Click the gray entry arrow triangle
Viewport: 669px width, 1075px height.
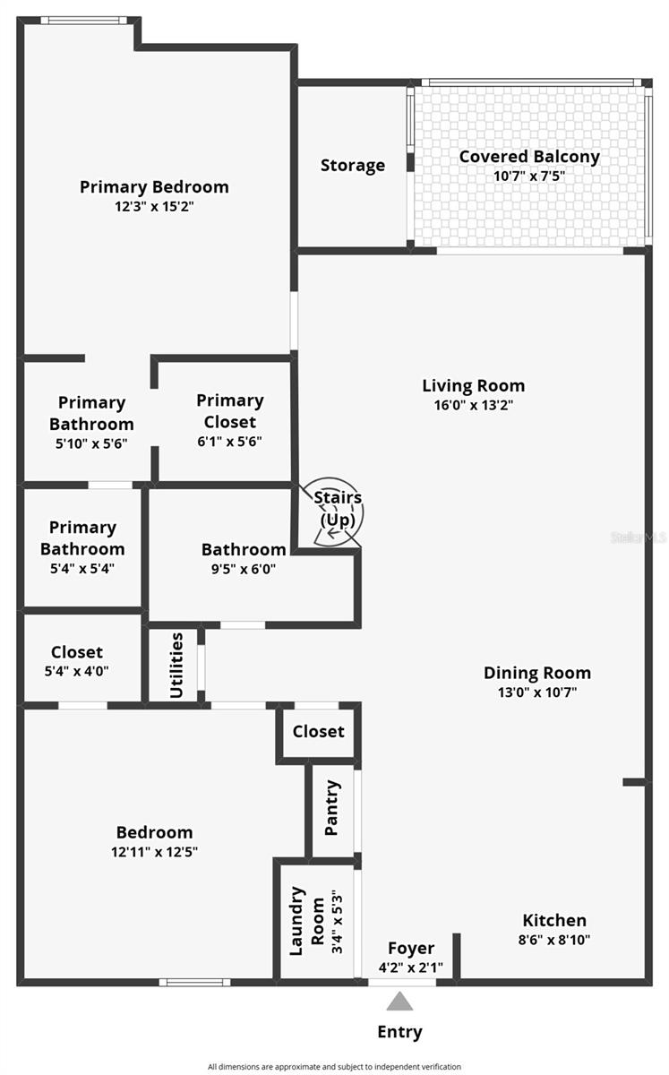[x=399, y=1001]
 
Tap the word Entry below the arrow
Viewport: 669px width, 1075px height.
[x=399, y=1032]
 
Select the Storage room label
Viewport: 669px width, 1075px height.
[x=353, y=165]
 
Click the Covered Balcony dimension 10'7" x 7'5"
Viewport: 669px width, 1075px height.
[x=529, y=176]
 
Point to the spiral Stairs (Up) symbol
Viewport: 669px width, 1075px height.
[x=338, y=511]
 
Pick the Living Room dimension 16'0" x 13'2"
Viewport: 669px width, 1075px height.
[x=473, y=404]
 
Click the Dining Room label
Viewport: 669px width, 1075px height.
[x=536, y=673]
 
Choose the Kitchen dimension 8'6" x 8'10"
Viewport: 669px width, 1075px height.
[x=554, y=940]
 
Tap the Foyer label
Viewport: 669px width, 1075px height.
[x=411, y=948]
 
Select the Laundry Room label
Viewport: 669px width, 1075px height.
[x=308, y=920]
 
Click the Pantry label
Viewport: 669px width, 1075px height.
[x=332, y=808]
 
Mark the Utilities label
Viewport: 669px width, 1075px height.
[x=176, y=665]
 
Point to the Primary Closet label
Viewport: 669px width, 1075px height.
[x=230, y=410]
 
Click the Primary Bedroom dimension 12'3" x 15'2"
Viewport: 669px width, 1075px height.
[x=154, y=206]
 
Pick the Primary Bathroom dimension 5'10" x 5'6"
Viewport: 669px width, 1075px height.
[x=91, y=443]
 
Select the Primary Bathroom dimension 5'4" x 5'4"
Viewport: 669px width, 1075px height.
[x=82, y=567]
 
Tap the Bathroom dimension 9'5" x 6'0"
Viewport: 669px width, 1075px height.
[x=244, y=567]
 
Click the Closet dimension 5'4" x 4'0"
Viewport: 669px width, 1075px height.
[x=77, y=670]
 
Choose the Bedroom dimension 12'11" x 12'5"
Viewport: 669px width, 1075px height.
[x=154, y=851]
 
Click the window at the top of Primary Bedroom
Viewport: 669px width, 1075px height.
[x=83, y=20]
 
